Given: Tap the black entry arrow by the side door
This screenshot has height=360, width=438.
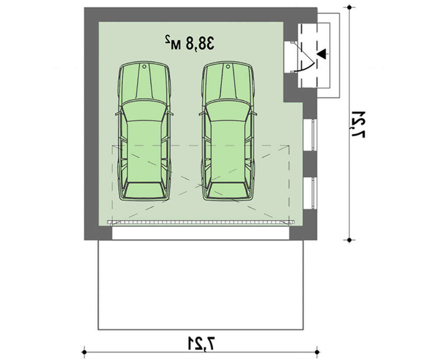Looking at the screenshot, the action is (322, 54).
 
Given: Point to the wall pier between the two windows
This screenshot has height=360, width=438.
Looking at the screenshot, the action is (310, 164).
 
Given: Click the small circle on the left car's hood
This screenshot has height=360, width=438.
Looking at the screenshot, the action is (144, 67).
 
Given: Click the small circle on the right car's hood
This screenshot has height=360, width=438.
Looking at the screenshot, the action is (228, 67).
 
